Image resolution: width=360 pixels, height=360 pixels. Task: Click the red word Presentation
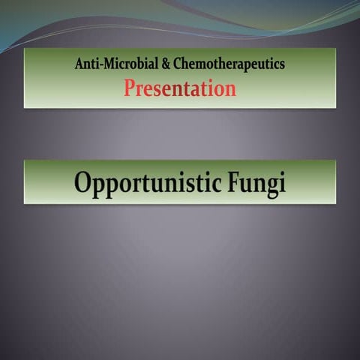point(180,89)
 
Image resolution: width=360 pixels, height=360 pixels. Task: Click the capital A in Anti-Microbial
point(79,65)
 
